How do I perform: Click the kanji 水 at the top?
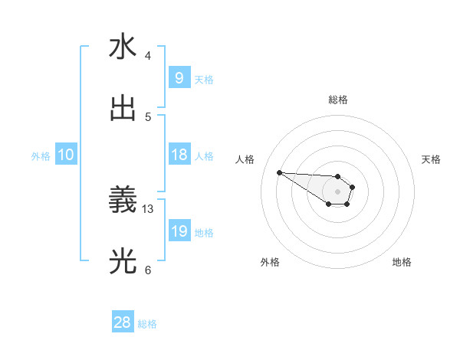pyautogui.click(x=123, y=47)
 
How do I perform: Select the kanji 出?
pyautogui.click(x=123, y=108)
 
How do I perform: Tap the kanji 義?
pyautogui.click(x=123, y=201)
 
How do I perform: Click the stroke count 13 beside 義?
pyautogui.click(x=148, y=208)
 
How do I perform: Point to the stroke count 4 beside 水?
pyautogui.click(x=148, y=55)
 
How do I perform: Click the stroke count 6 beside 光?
pyautogui.click(x=148, y=270)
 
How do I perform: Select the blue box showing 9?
pyautogui.click(x=179, y=77)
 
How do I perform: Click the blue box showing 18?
pyautogui.click(x=179, y=155)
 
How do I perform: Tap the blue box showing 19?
pyautogui.click(x=179, y=231)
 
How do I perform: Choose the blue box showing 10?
pyautogui.click(x=66, y=155)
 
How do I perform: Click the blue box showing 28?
pyautogui.click(x=123, y=323)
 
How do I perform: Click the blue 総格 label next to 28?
pyautogui.click(x=147, y=324)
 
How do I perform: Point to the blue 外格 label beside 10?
pyautogui.click(x=41, y=155)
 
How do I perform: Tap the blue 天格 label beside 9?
pyautogui.click(x=204, y=78)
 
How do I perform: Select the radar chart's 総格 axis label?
pyautogui.click(x=337, y=100)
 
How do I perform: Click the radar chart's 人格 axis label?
pyautogui.click(x=245, y=159)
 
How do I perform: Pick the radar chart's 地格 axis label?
pyautogui.click(x=402, y=262)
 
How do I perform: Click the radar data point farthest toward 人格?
pyautogui.click(x=279, y=172)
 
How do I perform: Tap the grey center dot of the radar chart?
pyautogui.click(x=337, y=191)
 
